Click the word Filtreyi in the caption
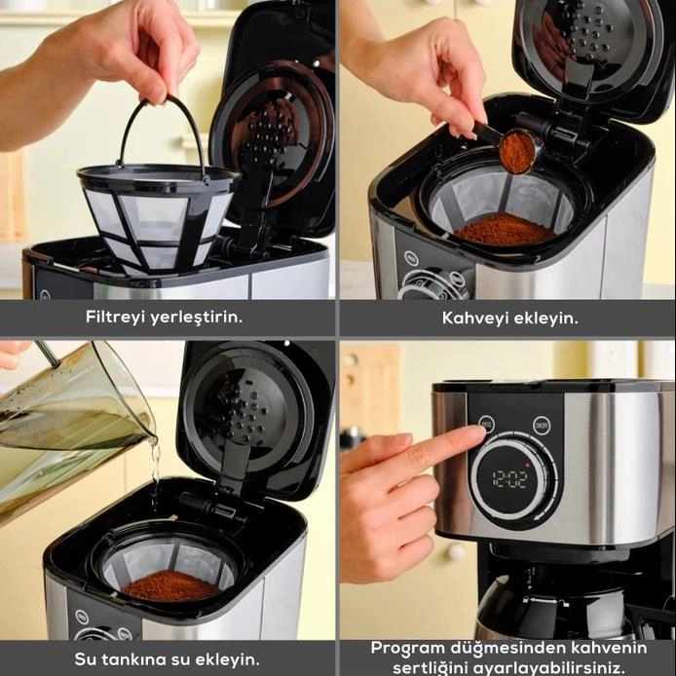(113, 317)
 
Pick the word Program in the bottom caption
(408, 649)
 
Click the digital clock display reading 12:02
(510, 479)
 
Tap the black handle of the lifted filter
(162, 130)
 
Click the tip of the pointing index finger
(481, 431)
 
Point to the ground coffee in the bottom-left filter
(171, 585)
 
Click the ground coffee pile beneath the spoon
(506, 229)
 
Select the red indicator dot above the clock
(526, 465)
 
